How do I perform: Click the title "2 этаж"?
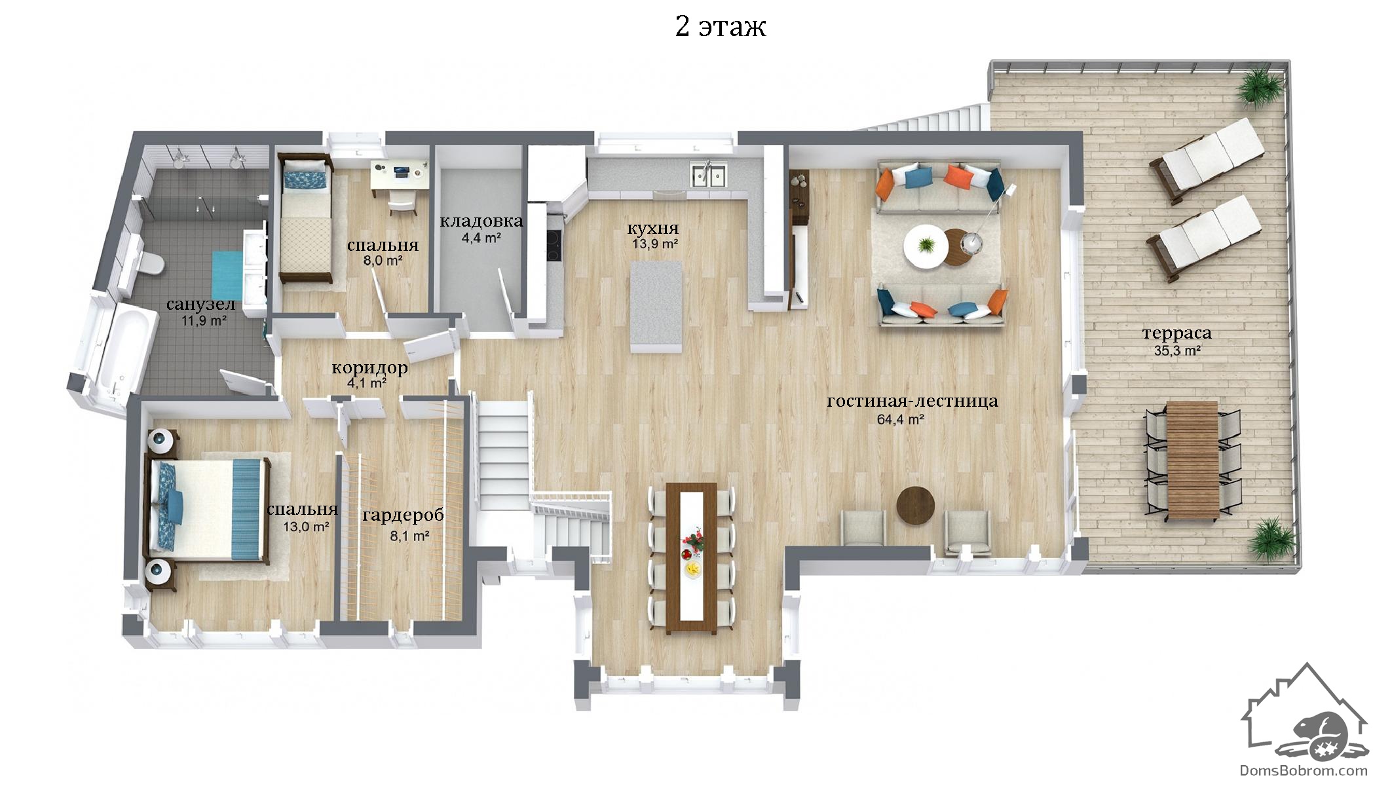pos(721,27)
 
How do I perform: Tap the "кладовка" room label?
pos(481,221)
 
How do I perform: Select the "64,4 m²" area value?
pos(901,419)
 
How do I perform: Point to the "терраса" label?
pos(1176,333)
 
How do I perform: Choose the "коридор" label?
pos(369,368)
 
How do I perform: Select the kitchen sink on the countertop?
pos(707,175)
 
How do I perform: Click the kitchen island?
pos(656,306)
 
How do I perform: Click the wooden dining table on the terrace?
pos(1192,461)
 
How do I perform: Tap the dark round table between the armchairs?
pos(915,505)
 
